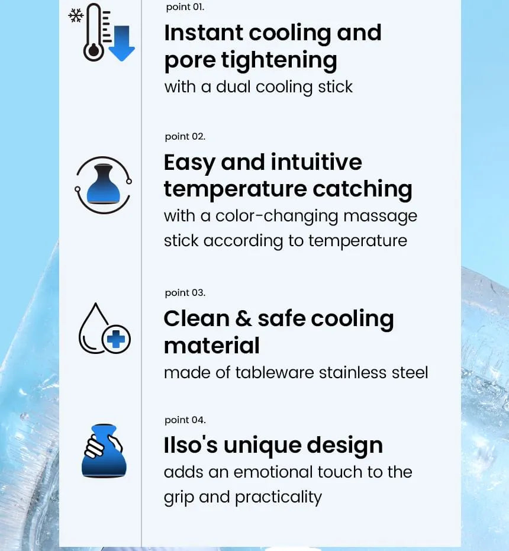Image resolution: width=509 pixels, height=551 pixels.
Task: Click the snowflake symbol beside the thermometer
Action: click(x=76, y=16)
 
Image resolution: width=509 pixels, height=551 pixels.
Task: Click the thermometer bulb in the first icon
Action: click(x=94, y=51)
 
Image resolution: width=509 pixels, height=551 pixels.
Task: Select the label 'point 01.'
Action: click(x=185, y=7)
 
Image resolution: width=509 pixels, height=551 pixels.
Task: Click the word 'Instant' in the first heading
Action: click(x=204, y=33)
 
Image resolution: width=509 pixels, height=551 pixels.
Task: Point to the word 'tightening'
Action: click(x=279, y=60)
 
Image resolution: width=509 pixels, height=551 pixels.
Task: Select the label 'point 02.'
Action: click(x=185, y=137)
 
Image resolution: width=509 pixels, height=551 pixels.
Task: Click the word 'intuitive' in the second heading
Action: click(x=317, y=162)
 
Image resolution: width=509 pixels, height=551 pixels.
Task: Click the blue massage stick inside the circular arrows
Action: click(x=104, y=183)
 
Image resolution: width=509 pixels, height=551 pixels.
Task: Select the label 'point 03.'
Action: click(x=185, y=293)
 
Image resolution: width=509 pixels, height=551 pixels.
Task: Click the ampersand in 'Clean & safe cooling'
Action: click(x=244, y=319)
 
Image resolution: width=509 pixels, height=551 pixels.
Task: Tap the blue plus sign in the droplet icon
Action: click(x=116, y=339)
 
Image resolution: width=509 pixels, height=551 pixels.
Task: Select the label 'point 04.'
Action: click(x=185, y=420)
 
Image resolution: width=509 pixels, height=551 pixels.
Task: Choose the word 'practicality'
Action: click(x=278, y=498)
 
